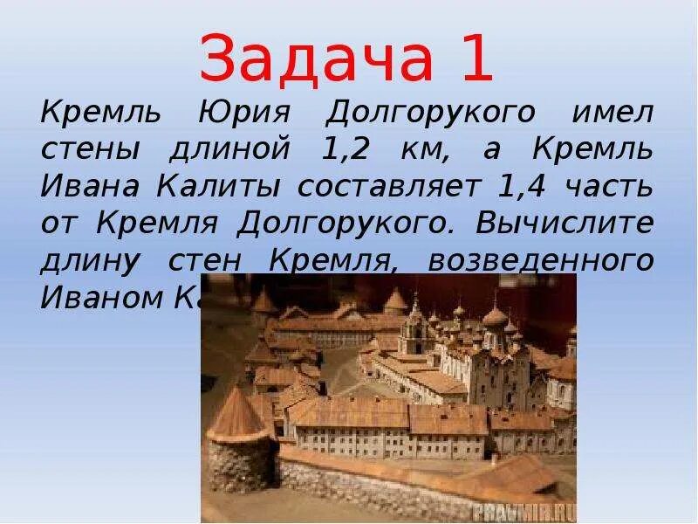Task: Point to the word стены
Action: click(x=91, y=150)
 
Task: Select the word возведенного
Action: click(x=540, y=261)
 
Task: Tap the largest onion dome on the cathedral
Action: click(x=496, y=315)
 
